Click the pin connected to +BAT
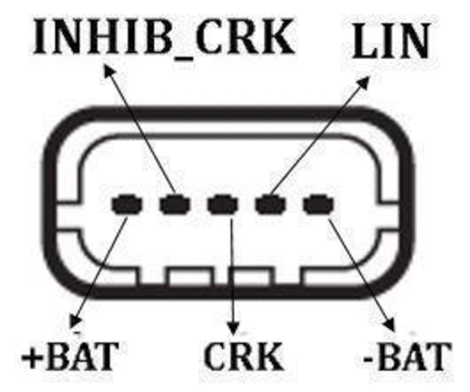tap(127, 205)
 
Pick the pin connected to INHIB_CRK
tap(175, 205)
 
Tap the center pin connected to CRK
tap(223, 205)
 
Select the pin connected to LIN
tap(271, 205)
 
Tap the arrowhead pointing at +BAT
tap(75, 321)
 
